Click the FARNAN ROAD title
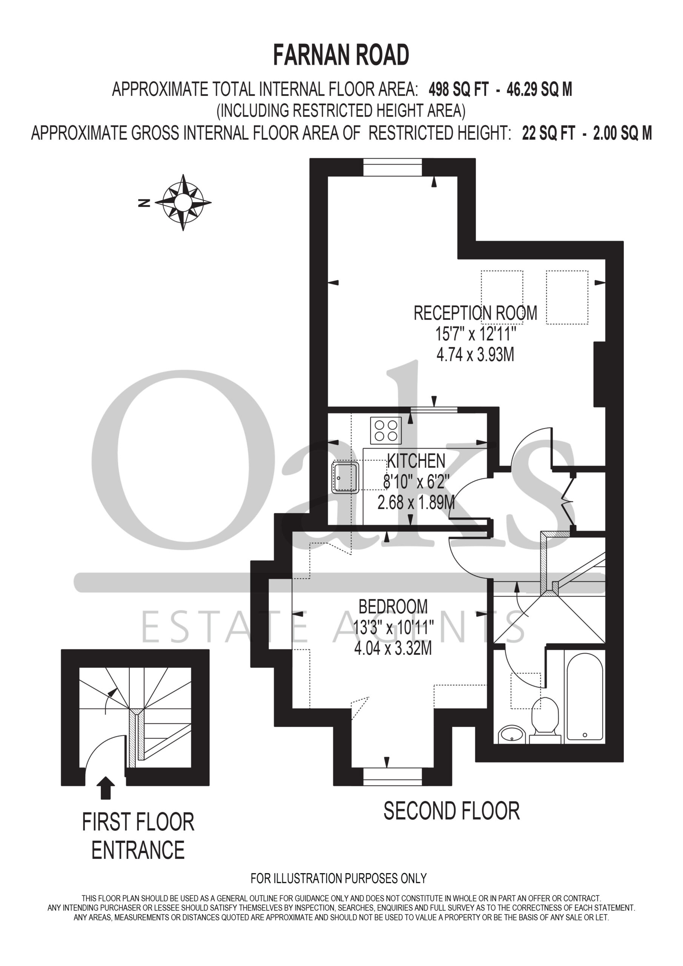click(x=341, y=55)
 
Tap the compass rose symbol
click(x=183, y=202)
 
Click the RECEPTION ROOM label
click(x=475, y=313)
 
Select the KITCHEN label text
click(x=416, y=461)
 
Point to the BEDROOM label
click(x=393, y=607)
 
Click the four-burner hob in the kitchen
click(x=386, y=431)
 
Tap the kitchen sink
click(x=346, y=478)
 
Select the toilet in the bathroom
click(x=545, y=720)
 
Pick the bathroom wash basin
click(x=511, y=735)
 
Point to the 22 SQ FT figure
click(x=548, y=133)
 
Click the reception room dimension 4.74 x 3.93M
click(x=475, y=355)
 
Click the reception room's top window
click(x=392, y=167)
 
